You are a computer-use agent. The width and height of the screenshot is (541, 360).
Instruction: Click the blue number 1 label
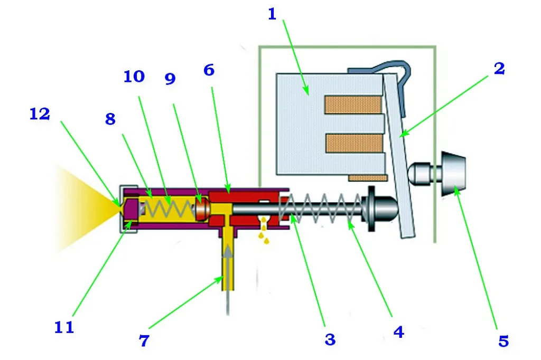tap(272, 14)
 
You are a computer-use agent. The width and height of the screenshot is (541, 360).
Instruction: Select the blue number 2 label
tap(499, 68)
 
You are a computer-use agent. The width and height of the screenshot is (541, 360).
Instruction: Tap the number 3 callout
tap(330, 339)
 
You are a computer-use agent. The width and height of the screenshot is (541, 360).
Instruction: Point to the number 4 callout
tap(398, 332)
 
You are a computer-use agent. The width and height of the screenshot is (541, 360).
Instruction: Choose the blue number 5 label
tap(503, 341)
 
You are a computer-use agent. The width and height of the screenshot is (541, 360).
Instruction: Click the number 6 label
tap(209, 70)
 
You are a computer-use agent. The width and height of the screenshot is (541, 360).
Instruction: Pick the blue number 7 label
tap(144, 340)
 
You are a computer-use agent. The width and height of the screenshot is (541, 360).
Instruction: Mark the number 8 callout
tap(110, 119)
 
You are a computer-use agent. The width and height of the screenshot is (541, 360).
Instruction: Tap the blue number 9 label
tap(170, 79)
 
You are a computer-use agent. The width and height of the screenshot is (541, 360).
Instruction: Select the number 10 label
tap(134, 77)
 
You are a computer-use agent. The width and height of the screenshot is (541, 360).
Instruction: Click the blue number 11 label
tap(64, 327)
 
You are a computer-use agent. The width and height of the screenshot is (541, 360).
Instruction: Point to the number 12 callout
tap(40, 114)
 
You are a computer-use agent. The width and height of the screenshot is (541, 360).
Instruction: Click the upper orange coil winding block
tap(352, 105)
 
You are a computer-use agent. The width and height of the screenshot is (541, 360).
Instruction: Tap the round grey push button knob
tap(453, 174)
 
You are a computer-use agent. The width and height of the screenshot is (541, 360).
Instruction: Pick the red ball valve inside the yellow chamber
tap(202, 208)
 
